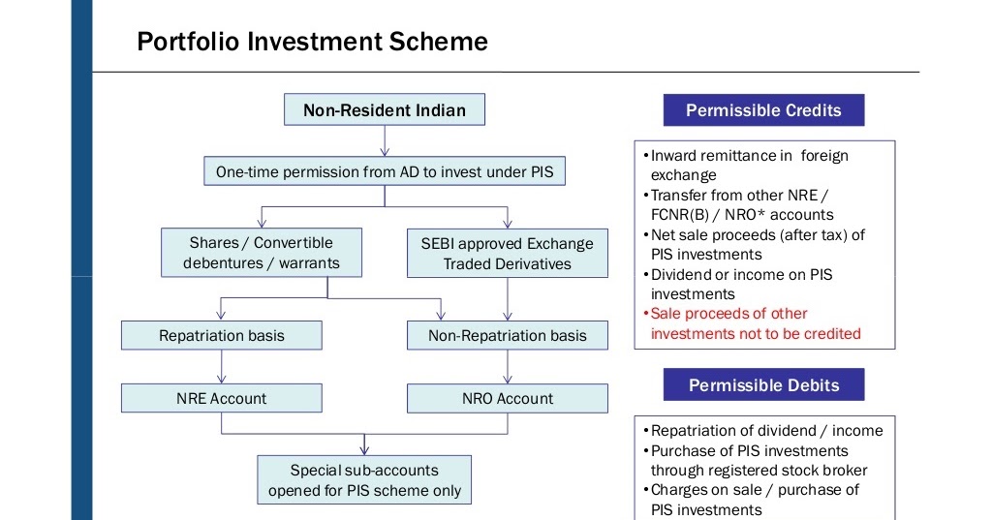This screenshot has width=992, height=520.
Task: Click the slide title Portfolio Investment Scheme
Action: click(312, 42)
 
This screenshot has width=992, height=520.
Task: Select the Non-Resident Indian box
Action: click(384, 110)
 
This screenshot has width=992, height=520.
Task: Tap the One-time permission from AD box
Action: click(385, 172)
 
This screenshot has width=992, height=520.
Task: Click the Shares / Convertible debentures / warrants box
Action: click(261, 253)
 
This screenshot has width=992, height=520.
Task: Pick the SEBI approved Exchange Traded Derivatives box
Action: click(507, 253)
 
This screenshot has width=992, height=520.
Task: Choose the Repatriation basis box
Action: click(222, 335)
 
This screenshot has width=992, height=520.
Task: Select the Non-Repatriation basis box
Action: click(507, 335)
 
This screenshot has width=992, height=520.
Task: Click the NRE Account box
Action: click(222, 398)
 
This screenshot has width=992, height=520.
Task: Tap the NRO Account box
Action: click(507, 398)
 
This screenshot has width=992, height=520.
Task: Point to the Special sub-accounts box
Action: click(364, 479)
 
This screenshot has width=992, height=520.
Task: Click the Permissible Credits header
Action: click(763, 110)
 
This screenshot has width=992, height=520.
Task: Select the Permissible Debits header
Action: click(763, 385)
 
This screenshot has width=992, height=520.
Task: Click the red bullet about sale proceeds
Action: click(755, 323)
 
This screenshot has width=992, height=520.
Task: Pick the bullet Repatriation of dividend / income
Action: click(766, 430)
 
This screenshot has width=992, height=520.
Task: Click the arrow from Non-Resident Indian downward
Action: click(385, 140)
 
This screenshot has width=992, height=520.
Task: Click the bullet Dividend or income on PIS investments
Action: click(741, 284)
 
